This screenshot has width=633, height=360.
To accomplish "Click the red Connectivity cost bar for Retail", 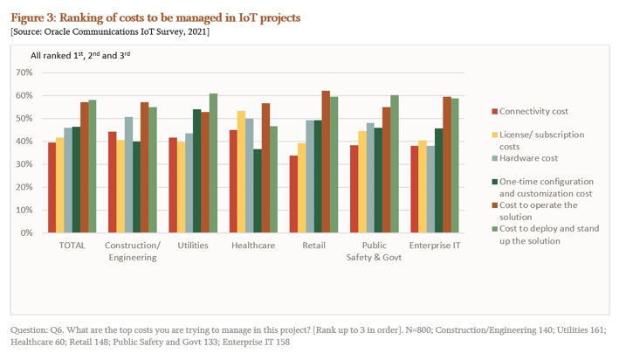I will (x=293, y=195).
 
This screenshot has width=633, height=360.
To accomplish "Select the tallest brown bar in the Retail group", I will (x=326, y=163).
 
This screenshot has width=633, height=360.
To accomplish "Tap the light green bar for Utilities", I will (x=213, y=163).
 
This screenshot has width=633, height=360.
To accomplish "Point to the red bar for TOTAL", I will (x=52, y=188).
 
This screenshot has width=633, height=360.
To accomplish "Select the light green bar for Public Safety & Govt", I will (x=395, y=164).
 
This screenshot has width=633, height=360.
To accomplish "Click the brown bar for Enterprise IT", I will (x=446, y=165).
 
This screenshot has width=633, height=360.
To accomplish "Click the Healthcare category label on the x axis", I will (x=253, y=246).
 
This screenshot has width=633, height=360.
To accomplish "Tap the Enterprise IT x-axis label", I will (x=435, y=246).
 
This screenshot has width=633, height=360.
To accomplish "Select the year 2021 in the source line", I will (x=196, y=31).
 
